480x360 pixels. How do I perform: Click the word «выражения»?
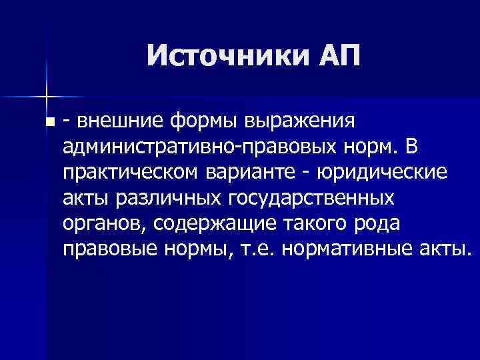click(305, 121)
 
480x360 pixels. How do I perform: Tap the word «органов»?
click(105, 223)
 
